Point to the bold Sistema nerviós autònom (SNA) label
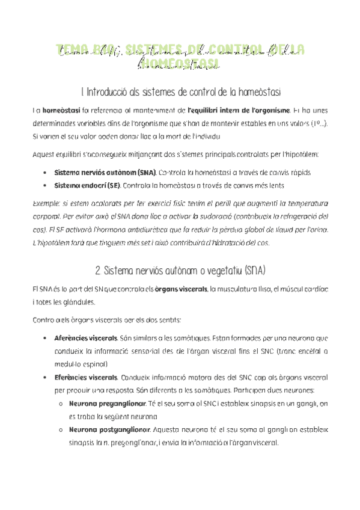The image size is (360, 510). [104, 173]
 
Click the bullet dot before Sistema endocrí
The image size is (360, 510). [47, 186]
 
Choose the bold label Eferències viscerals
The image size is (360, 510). [85, 377]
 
